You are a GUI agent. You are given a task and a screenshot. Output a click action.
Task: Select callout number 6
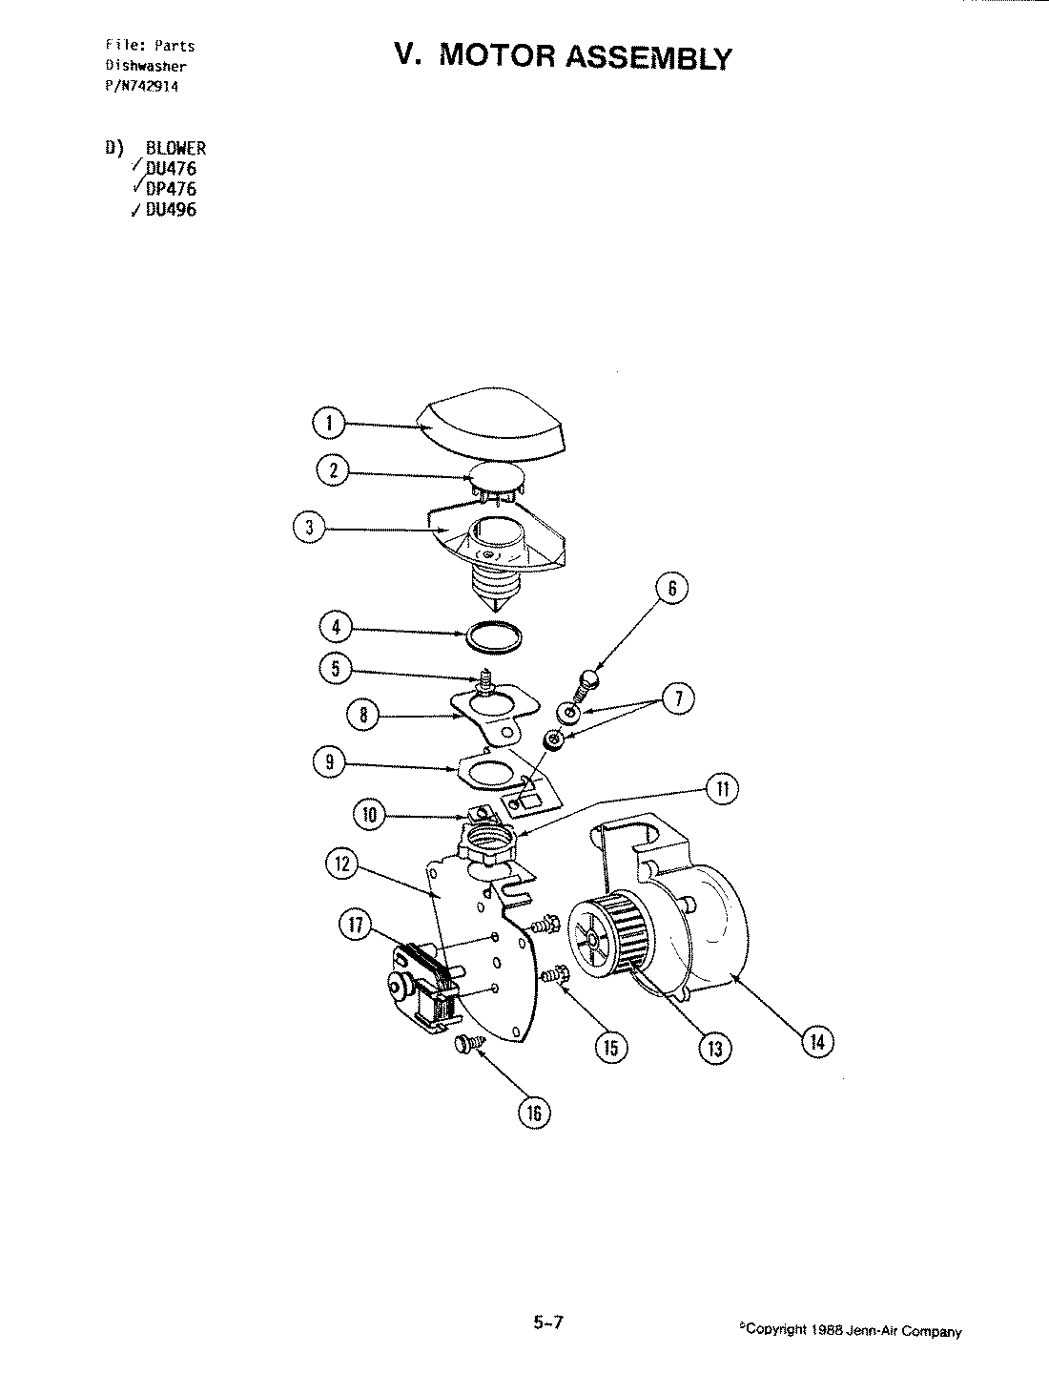click(671, 589)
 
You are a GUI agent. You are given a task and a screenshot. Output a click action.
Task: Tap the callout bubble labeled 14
click(818, 1041)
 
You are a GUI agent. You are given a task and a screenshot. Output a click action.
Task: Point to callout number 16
click(534, 1112)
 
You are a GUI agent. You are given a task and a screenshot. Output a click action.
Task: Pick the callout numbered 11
click(721, 788)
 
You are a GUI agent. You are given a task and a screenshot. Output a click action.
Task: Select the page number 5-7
click(549, 1322)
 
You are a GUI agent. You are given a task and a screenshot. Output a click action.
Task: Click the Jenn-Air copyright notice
click(850, 1330)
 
